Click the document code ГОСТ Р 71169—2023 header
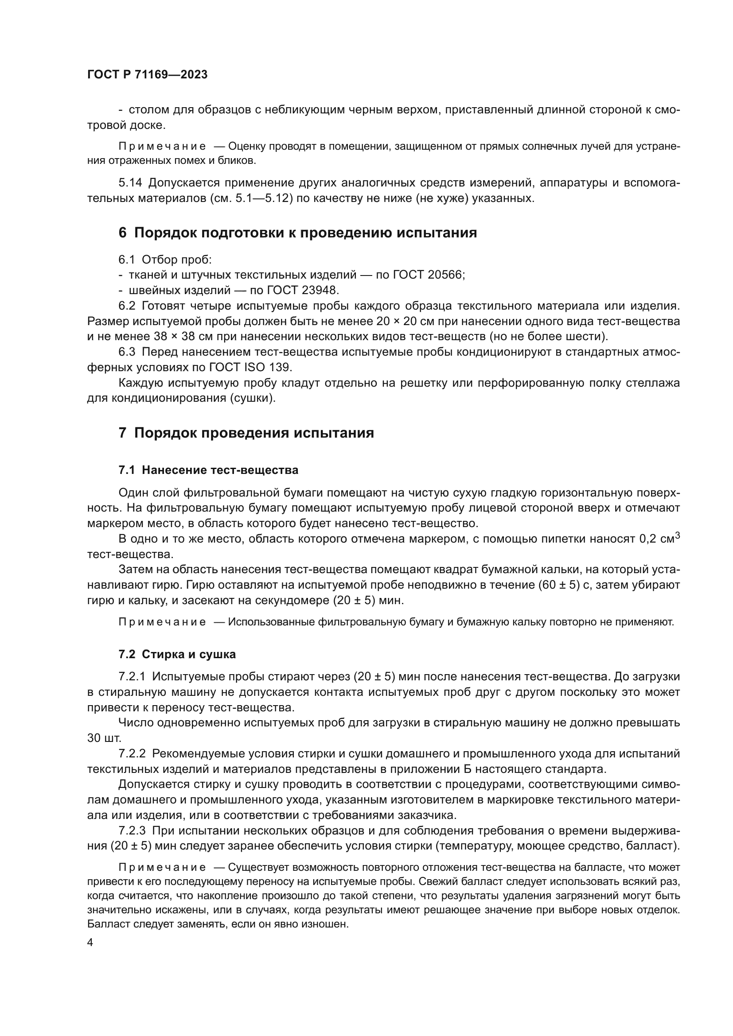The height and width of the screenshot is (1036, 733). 147,75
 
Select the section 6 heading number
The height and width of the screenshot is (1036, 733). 122,233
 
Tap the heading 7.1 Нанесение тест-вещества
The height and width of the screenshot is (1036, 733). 208,470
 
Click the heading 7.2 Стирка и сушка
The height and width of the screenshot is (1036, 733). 177,654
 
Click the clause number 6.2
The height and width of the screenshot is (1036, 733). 127,306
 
